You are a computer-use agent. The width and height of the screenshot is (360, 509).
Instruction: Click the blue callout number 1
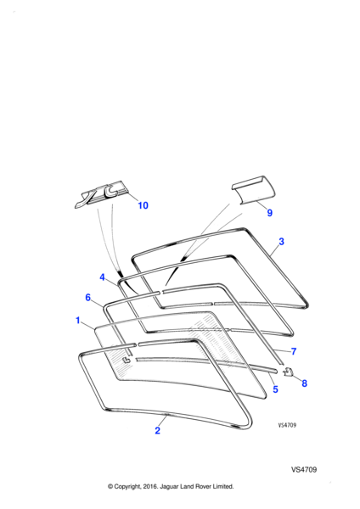77,321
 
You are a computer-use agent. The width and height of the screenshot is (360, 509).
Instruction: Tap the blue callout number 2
158,430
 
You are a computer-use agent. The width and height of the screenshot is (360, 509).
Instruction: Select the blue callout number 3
281,242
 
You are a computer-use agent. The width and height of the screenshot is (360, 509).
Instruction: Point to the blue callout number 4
103,277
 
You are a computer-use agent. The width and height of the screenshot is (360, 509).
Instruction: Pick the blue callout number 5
276,389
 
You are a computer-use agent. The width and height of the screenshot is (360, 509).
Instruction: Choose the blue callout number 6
87,298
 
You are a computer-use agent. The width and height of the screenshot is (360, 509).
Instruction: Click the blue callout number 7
294,351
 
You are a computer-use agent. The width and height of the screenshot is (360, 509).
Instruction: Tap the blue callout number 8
304,383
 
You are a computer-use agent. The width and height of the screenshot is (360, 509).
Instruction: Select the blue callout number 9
269,213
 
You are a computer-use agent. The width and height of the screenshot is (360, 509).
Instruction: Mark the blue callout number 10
143,205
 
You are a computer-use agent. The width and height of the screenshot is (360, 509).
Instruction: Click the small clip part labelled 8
288,372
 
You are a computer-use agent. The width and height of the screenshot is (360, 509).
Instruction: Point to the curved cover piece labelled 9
253,191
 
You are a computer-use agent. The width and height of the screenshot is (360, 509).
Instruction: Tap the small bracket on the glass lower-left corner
126,360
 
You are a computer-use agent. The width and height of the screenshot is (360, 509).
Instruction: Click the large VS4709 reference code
304,470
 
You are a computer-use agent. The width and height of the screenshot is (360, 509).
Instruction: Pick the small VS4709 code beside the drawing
287,425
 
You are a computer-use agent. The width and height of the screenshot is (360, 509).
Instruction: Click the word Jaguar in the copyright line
169,487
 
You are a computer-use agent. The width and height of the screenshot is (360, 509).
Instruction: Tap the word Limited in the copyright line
223,486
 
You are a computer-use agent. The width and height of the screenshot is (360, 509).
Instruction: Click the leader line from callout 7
281,350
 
